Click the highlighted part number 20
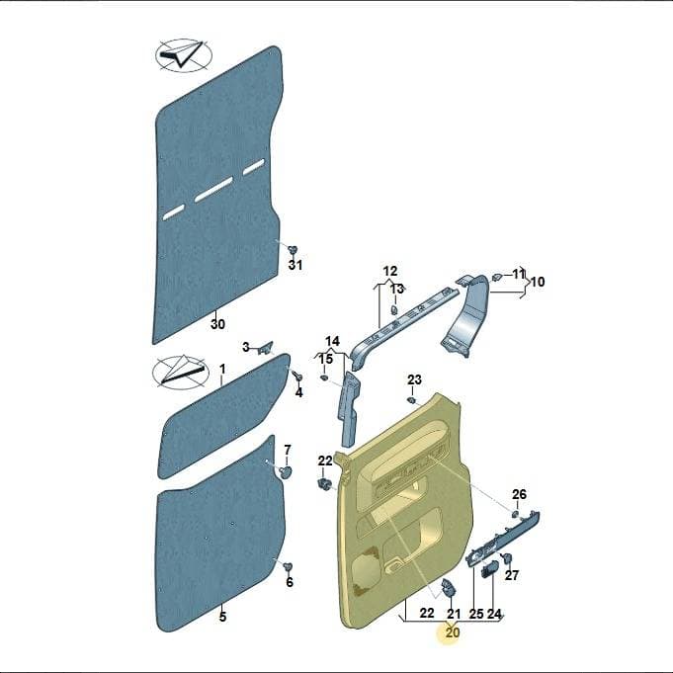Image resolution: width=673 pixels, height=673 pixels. pos(453,632)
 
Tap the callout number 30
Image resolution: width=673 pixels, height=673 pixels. pos(217,323)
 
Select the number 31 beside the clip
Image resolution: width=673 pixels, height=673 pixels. pos(294,265)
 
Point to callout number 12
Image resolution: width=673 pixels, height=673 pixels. pos(390,271)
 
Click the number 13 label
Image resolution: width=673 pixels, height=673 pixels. pos(397,289)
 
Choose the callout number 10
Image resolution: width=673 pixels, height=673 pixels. pos(538,282)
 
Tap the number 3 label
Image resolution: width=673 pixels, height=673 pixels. pos(246,347)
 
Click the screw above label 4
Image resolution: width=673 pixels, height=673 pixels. pos(297,376)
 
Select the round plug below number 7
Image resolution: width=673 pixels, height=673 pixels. pos(285,472)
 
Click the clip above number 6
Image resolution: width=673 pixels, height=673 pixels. pos(288,566)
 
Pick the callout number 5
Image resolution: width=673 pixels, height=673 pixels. pos(222,617)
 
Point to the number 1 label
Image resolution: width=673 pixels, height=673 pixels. pos(222,370)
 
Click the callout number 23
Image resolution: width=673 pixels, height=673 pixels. pos(414,379)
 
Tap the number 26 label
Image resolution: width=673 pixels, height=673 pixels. pos(519,494)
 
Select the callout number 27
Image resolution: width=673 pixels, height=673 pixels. pos(511,575)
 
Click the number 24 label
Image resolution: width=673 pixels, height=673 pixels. pos(494,614)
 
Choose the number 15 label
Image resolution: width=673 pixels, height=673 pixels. pos(325,359)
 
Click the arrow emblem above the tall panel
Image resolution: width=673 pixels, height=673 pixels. pos(183,55)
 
